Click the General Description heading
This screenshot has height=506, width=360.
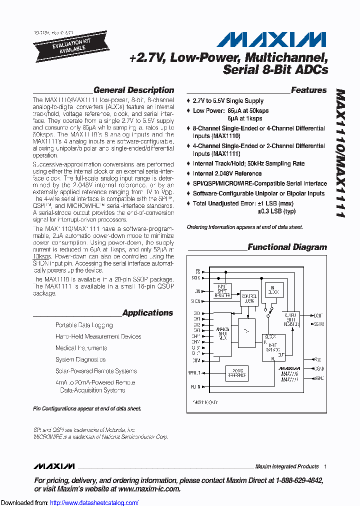pyautogui.click(x=133, y=90)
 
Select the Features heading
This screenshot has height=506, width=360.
pyautogui.click(x=308, y=90)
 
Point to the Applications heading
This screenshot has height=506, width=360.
pyautogui.click(x=147, y=313)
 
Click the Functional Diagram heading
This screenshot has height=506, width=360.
pyautogui.click(x=287, y=247)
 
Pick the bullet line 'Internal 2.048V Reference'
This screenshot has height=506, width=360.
pyautogui.click(x=227, y=173)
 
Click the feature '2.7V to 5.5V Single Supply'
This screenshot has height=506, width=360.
pyautogui.click(x=228, y=101)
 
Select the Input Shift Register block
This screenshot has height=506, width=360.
pyautogui.click(x=222, y=293)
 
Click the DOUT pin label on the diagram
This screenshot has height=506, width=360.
pyautogui.click(x=318, y=316)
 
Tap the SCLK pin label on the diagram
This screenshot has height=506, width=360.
pyautogui.click(x=195, y=277)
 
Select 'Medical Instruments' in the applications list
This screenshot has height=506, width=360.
pyautogui.click(x=81, y=348)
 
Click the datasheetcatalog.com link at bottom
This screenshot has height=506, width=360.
pyautogui.click(x=94, y=502)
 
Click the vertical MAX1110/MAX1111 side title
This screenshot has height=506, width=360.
pyautogui.click(x=339, y=152)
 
